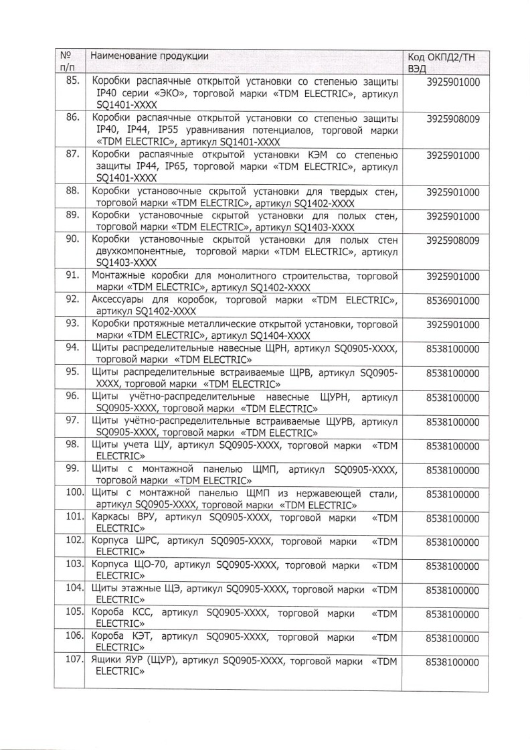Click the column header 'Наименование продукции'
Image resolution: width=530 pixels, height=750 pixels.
(149, 56)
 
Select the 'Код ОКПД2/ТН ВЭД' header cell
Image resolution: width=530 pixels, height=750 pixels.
(442, 62)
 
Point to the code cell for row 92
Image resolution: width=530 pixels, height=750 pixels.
(453, 301)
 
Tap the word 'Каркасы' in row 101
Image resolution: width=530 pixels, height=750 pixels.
(110, 518)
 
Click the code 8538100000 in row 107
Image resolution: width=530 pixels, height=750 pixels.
(453, 664)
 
